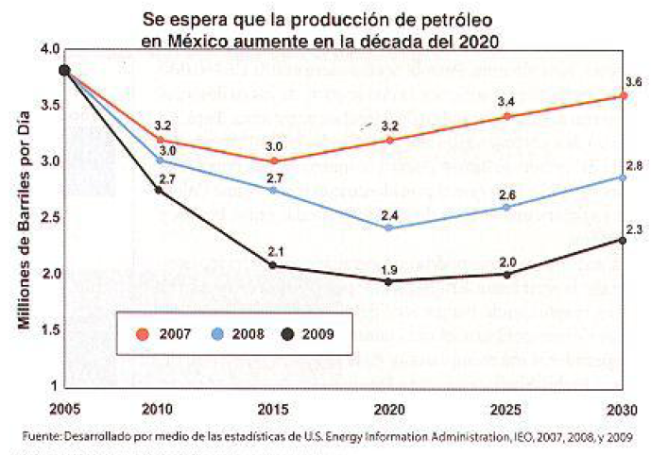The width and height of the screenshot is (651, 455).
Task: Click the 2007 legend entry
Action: (172, 333)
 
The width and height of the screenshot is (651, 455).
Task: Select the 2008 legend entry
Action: (238, 333)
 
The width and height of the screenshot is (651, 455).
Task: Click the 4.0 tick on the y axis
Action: (49, 49)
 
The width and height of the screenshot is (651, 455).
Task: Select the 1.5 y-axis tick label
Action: (49, 329)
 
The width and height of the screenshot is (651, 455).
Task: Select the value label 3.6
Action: (633, 83)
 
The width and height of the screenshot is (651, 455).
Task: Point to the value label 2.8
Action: (634, 165)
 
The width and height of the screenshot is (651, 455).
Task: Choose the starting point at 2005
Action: (64, 70)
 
